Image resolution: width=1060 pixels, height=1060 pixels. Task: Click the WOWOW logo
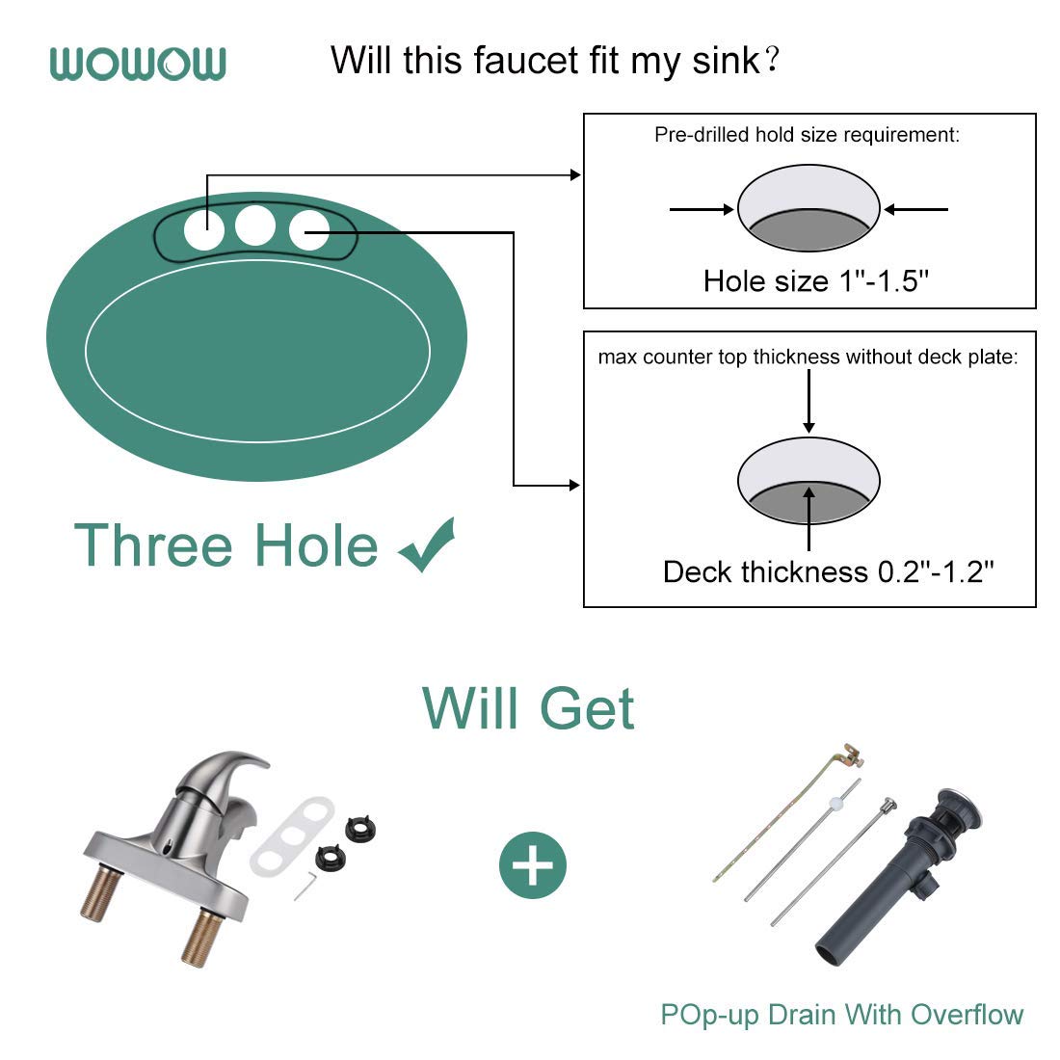(x=138, y=64)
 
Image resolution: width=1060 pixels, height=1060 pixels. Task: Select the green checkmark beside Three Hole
(x=426, y=544)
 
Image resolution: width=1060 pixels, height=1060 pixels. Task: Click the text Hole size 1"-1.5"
(x=815, y=280)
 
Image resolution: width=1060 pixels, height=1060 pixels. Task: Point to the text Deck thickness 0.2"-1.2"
(x=828, y=571)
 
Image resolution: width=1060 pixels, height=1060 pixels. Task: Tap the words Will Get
(x=528, y=708)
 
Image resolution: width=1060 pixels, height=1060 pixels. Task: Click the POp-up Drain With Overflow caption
(x=841, y=1014)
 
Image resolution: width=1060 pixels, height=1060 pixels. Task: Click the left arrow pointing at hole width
(x=701, y=208)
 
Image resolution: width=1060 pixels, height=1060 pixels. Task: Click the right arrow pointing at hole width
(x=916, y=208)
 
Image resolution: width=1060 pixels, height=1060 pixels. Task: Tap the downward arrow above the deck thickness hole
(x=808, y=401)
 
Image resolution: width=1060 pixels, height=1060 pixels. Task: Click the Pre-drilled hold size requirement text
(x=807, y=135)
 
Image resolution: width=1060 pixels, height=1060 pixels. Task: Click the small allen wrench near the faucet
(x=305, y=885)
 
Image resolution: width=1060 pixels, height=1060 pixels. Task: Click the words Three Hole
(x=226, y=545)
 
